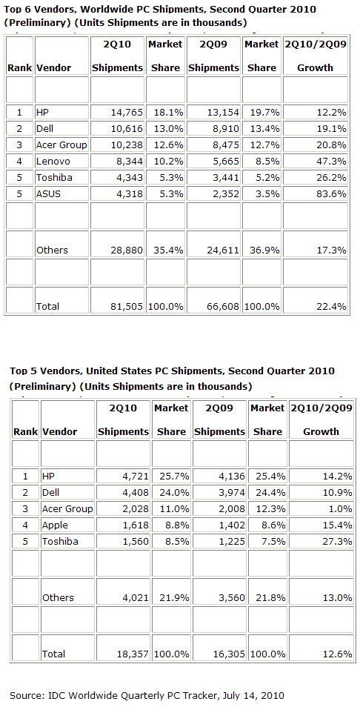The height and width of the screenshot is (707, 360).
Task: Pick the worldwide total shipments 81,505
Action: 127,307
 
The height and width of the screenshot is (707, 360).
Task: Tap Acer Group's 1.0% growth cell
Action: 341,508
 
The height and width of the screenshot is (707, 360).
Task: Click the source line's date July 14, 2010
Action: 256,695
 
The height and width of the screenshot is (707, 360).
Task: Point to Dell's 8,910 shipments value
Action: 225,128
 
